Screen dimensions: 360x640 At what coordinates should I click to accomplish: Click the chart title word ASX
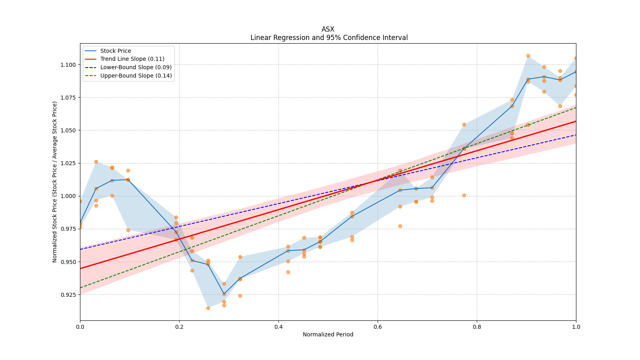(328, 29)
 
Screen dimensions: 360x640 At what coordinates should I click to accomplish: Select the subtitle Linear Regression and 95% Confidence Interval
(329, 38)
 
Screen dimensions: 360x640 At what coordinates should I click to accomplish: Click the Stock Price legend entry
(115, 51)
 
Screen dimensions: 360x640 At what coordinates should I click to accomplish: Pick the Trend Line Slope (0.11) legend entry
(132, 59)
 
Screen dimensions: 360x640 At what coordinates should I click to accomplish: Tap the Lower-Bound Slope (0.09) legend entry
(136, 67)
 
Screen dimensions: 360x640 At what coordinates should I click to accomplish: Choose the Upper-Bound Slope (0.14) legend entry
(136, 76)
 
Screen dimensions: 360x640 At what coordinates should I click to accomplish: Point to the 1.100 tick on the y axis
(68, 65)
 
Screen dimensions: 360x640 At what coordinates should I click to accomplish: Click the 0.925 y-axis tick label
(68, 295)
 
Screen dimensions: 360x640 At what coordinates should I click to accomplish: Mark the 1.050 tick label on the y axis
(68, 130)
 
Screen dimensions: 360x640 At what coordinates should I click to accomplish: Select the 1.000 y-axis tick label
(68, 196)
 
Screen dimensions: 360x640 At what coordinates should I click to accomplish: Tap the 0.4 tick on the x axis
(278, 327)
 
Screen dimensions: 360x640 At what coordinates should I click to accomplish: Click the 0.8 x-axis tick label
(477, 327)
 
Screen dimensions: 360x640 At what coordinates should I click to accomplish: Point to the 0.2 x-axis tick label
(179, 327)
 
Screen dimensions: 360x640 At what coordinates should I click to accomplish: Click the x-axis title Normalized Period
(328, 334)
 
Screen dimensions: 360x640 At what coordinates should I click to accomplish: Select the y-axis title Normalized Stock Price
(55, 182)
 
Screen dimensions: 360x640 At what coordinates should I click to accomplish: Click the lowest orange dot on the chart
(208, 308)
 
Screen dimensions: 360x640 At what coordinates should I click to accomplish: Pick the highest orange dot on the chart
(528, 56)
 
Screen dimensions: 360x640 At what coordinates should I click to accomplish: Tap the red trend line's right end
(576, 121)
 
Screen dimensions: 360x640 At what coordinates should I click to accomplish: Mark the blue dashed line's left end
(80, 249)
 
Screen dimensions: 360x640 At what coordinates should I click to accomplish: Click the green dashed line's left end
(80, 288)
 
